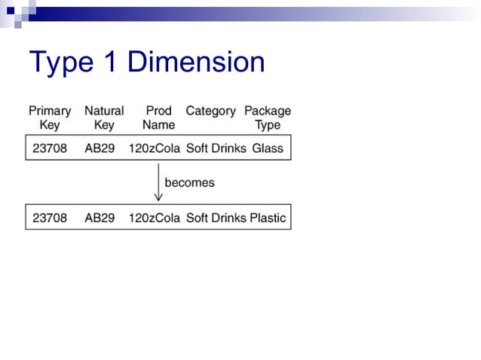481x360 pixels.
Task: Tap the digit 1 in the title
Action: [110, 62]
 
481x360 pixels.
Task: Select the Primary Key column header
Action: [50, 117]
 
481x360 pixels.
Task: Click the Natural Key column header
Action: [104, 117]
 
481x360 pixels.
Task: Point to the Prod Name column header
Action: [158, 117]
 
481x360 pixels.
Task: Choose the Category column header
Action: [210, 111]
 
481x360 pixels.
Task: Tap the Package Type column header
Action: [268, 117]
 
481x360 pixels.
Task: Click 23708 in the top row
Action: [50, 148]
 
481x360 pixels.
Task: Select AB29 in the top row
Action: [100, 148]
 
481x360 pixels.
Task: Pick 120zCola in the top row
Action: [155, 148]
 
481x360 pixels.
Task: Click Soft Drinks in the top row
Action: [216, 148]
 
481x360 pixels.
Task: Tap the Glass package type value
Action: [268, 148]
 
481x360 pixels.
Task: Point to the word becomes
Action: [189, 182]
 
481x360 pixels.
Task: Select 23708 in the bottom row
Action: [50, 218]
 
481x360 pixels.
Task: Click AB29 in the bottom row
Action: [100, 218]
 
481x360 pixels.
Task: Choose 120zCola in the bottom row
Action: [155, 218]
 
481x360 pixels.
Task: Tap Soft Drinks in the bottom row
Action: [216, 218]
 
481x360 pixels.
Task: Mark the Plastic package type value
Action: [268, 218]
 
